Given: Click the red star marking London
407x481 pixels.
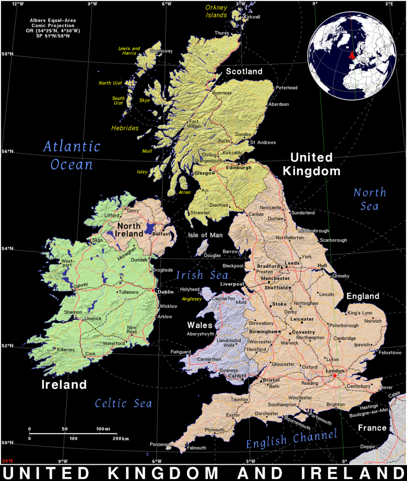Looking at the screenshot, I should tap(335, 376).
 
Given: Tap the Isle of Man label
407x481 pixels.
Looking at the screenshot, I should tap(205, 235).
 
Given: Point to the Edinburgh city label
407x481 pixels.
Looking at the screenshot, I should tap(238, 168).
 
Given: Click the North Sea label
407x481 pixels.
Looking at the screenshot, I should tap(370, 199).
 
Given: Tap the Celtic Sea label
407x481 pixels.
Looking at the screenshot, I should tap(123, 404).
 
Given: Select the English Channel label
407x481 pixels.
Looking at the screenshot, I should tap(292, 439).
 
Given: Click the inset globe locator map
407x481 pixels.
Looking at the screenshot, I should tap(352, 55).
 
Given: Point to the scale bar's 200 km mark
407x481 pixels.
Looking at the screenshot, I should tap(117, 435).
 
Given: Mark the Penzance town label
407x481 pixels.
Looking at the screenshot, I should tap(159, 444).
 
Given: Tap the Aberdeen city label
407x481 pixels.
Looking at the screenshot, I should tap(278, 104).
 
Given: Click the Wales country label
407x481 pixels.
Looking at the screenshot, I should tap(200, 325).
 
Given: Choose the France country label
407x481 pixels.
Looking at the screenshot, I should tap(372, 428).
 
